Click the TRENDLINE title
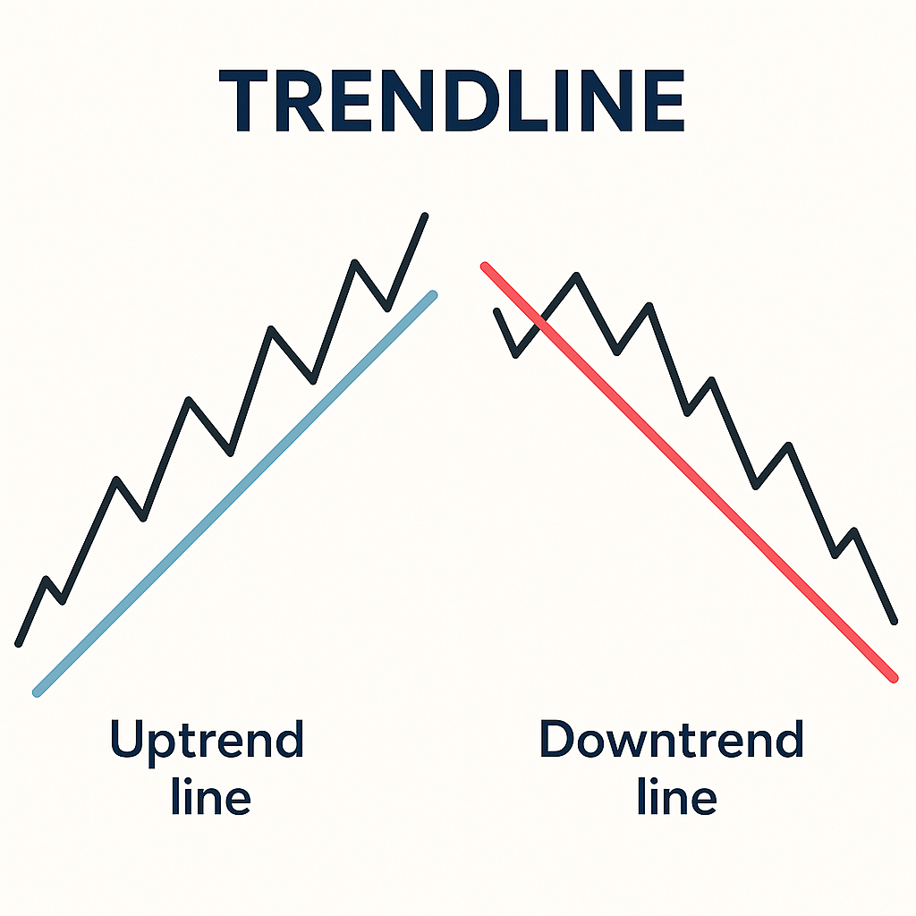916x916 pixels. [x=452, y=103]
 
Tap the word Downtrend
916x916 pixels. [x=671, y=741]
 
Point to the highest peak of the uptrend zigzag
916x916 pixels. [x=424, y=216]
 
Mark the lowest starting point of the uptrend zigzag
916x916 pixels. [x=19, y=642]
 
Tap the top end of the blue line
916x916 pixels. [x=433, y=294]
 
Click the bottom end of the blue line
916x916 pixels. [x=37, y=691]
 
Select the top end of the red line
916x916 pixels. [x=485, y=266]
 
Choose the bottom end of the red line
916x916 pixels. [x=893, y=678]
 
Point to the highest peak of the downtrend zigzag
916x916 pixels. [x=577, y=276]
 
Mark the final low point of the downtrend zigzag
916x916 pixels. [x=893, y=620]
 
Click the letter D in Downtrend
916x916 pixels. [x=558, y=741]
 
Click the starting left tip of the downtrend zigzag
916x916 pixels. [x=496, y=311]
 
